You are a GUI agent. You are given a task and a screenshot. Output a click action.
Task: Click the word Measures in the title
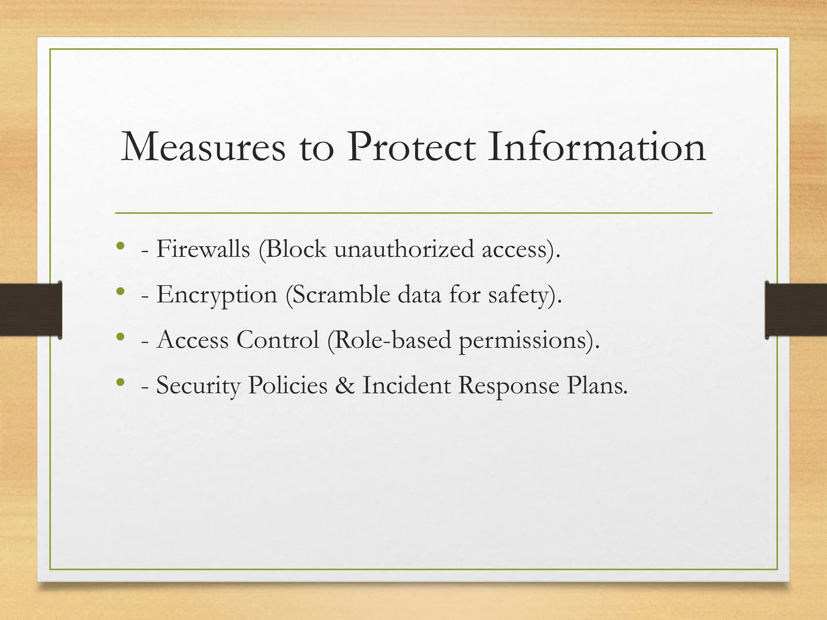pyautogui.click(x=203, y=148)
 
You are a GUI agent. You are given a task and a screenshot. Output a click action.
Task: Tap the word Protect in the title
pyautogui.click(x=411, y=148)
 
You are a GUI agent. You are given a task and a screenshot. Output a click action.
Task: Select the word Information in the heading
pyautogui.click(x=597, y=148)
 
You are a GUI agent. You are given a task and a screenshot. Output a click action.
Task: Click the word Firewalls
pyautogui.click(x=203, y=249)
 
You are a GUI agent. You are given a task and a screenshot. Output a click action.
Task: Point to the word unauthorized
pyautogui.click(x=404, y=249)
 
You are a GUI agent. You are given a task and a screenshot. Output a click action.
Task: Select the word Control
pyautogui.click(x=278, y=340)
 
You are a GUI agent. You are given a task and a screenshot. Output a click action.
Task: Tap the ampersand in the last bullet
pyautogui.click(x=344, y=385)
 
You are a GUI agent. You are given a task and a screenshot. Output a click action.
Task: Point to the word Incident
pyautogui.click(x=406, y=385)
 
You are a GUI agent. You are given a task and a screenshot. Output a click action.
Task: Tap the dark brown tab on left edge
pyautogui.click(x=31, y=310)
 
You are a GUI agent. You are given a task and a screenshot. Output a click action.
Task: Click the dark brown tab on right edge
pyautogui.click(x=796, y=310)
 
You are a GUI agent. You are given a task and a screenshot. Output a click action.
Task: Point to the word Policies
pyautogui.click(x=288, y=385)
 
